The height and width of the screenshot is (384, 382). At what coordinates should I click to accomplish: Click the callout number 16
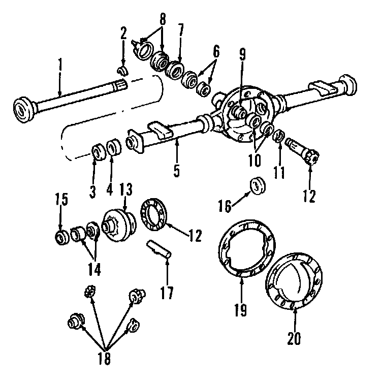tap(225, 205)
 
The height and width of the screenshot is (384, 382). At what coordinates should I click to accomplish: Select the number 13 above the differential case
tap(125, 189)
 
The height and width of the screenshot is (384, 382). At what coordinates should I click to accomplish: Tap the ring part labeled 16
tap(259, 186)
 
